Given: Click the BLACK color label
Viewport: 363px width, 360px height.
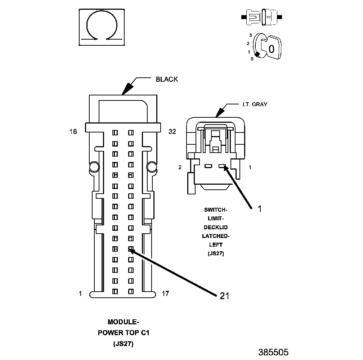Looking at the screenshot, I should [167, 79].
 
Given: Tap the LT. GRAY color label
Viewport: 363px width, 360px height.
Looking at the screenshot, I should [254, 104].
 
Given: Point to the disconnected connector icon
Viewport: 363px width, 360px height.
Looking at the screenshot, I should [262, 17].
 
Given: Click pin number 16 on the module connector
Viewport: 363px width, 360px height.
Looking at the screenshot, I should [73, 132].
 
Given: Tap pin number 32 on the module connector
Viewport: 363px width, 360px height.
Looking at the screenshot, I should [172, 132].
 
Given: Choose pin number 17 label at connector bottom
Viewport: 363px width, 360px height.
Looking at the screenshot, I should [165, 293].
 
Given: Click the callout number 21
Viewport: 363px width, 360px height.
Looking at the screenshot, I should [224, 296].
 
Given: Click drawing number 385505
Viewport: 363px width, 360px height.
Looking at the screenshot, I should [273, 352].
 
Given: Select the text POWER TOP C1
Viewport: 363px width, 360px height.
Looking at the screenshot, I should [124, 333].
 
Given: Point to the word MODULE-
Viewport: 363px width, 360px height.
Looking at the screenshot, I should [124, 322].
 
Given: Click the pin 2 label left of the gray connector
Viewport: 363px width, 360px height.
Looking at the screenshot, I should [180, 167].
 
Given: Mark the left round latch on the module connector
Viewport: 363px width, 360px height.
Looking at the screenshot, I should [94, 167].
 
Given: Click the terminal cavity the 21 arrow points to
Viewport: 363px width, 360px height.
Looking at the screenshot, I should [131, 249].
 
